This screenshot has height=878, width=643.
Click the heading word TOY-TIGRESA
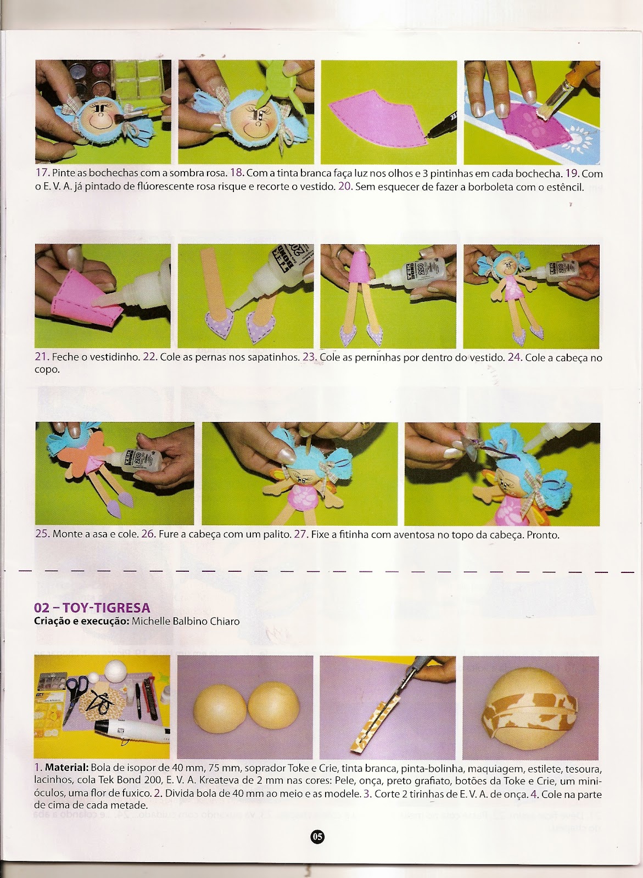pyautogui.click(x=107, y=608)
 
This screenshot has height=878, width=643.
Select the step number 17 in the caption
pyautogui.click(x=42, y=173)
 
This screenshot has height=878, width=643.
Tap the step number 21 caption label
pyautogui.click(x=42, y=357)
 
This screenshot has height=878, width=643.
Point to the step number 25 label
pyautogui.click(x=42, y=534)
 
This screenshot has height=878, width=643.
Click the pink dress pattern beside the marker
pyautogui.click(x=377, y=117)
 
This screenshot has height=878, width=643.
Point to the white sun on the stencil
pyautogui.click(x=580, y=142)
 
